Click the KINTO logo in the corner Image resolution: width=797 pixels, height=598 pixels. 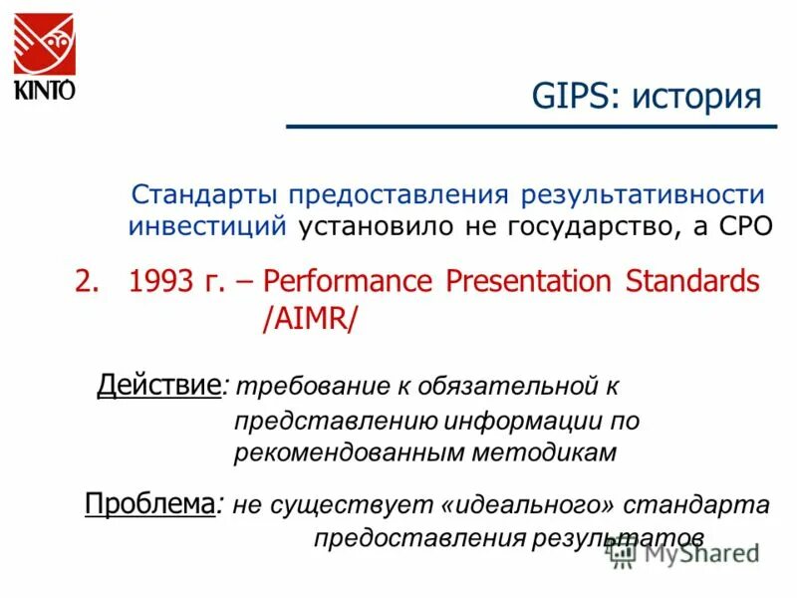point(45,54)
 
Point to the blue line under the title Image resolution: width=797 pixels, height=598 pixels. point(531,127)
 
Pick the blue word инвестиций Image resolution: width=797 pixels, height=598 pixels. point(207,225)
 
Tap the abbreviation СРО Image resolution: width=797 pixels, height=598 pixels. point(740,225)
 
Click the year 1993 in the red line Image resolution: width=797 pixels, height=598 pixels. point(162,282)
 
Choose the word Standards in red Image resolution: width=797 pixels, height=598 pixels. point(692,282)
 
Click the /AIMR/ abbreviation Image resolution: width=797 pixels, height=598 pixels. point(308,321)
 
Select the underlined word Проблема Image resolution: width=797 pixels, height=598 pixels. point(149,503)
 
